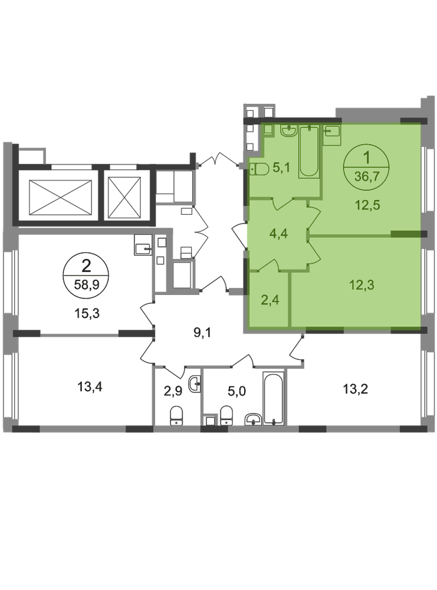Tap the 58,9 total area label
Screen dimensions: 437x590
[x=87, y=284]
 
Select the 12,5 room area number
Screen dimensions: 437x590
[x=368, y=205]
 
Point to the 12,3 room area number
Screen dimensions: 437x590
[x=362, y=285]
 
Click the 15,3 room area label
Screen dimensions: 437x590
[x=87, y=313]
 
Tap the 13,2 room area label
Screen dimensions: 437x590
[x=355, y=389]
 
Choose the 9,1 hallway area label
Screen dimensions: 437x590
[x=202, y=333]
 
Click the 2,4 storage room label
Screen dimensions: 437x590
[x=270, y=300]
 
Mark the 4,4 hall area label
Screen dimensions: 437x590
[x=279, y=234]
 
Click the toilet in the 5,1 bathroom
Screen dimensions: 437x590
[x=259, y=170]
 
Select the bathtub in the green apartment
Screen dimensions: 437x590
[x=309, y=152]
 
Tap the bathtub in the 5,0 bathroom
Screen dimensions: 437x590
[x=274, y=398]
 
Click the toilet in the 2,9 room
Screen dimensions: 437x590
[x=177, y=416]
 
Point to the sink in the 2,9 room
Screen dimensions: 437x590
[x=195, y=384]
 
